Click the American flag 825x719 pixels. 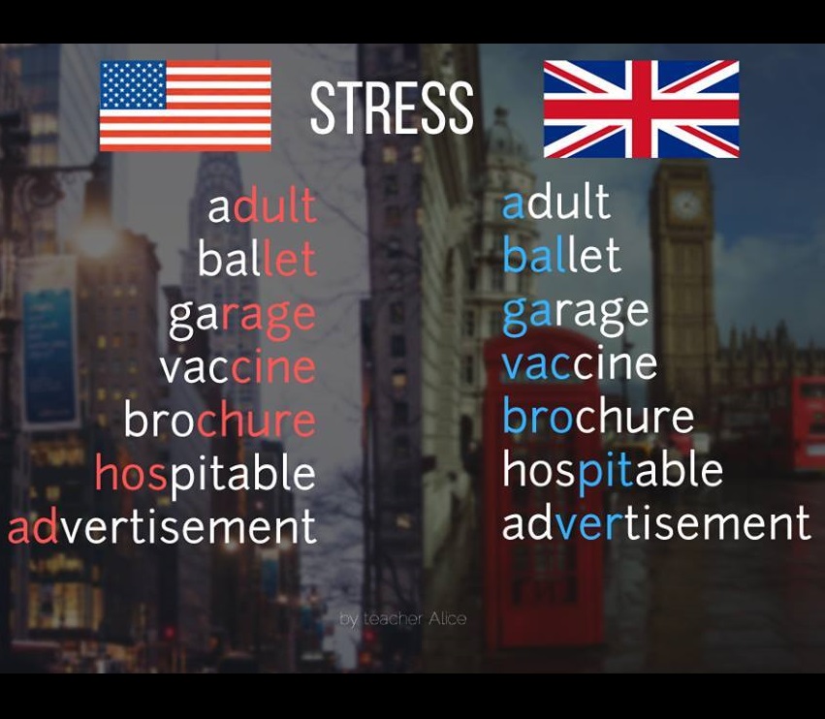point(185,106)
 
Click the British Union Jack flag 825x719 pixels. point(641,109)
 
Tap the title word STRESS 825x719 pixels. point(392,109)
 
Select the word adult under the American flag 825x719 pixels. point(262,207)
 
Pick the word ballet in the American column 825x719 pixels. point(257,260)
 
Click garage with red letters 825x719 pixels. point(242,316)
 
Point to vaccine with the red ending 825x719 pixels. point(238,368)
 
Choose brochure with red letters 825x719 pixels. point(220,421)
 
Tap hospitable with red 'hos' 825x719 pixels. point(206,474)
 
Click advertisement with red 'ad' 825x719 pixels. point(162,527)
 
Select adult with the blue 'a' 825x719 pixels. point(555,203)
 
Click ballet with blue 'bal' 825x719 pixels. point(561,256)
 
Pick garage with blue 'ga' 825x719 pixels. point(576,312)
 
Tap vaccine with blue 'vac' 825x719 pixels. point(580,364)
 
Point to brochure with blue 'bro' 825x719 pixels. point(598,417)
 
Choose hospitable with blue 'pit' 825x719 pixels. point(613,470)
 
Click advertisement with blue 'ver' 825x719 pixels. point(656,523)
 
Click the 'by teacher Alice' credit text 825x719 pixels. point(403,618)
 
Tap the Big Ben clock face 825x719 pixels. point(686,204)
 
